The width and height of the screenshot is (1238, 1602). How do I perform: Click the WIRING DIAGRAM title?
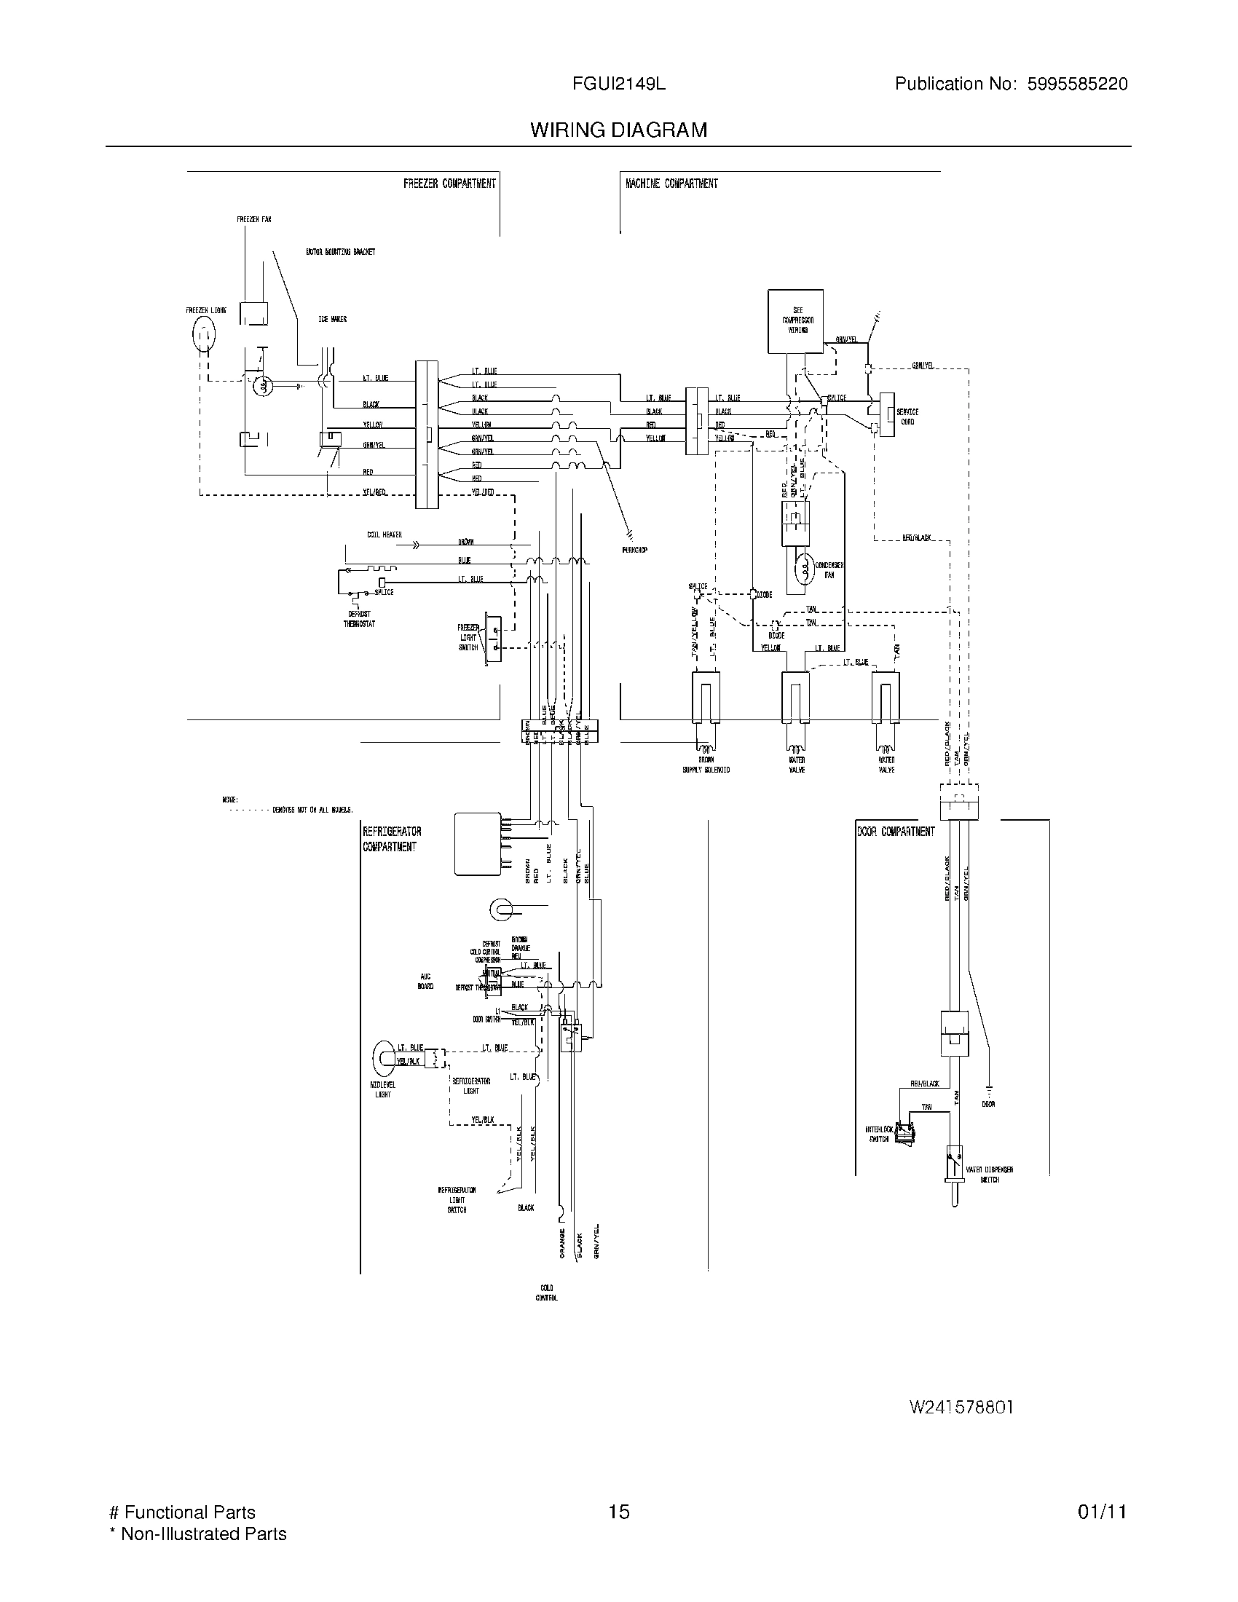(618, 130)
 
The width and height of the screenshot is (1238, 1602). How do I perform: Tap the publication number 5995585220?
(1076, 84)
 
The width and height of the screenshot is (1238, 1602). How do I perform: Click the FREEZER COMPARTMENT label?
(449, 184)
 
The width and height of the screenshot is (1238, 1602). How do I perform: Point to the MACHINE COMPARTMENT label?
(671, 184)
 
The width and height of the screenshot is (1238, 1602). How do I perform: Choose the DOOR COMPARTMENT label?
(896, 831)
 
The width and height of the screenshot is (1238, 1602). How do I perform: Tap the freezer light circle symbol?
(204, 336)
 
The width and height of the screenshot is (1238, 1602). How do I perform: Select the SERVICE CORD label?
(907, 417)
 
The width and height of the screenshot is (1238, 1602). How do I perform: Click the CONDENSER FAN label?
(829, 570)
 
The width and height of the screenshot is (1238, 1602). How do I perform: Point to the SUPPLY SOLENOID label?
(706, 770)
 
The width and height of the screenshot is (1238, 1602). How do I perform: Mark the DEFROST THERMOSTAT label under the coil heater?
(358, 619)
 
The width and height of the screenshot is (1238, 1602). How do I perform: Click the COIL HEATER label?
(385, 534)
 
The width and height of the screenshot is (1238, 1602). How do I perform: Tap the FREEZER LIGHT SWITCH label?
(468, 637)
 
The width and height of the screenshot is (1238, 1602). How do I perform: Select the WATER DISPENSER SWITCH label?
(990, 1175)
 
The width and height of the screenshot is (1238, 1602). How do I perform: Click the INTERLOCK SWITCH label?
(879, 1134)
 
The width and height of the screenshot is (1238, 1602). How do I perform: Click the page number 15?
(618, 1512)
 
